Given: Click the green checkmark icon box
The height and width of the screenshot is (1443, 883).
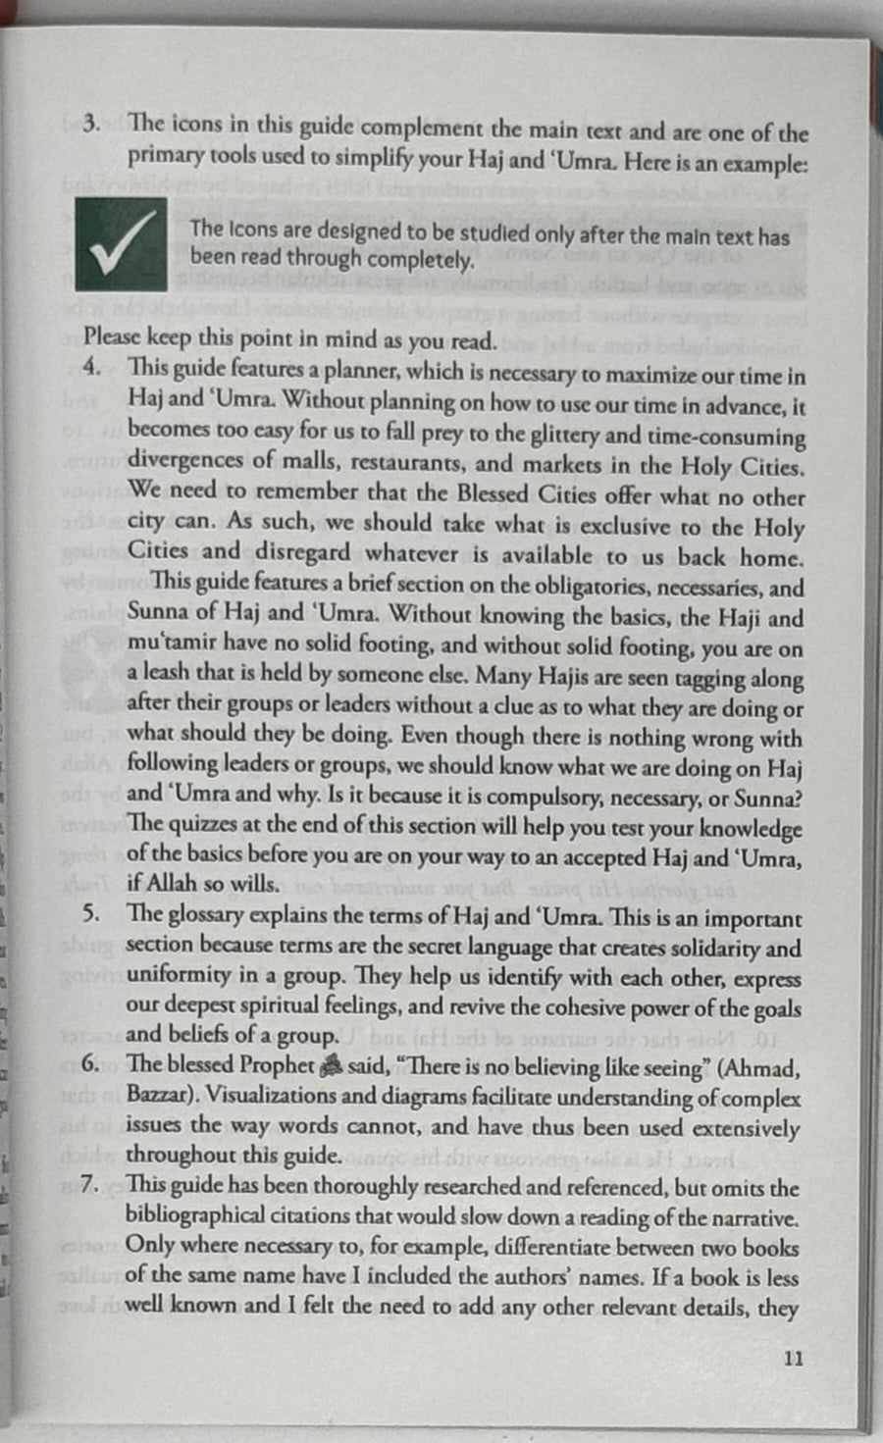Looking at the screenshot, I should click(121, 245).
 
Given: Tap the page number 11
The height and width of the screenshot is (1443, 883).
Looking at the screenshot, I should click(794, 1359).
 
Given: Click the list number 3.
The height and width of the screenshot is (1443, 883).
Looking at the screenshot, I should click(91, 125).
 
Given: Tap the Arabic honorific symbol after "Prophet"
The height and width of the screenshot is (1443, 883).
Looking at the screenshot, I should click(331, 1066).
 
